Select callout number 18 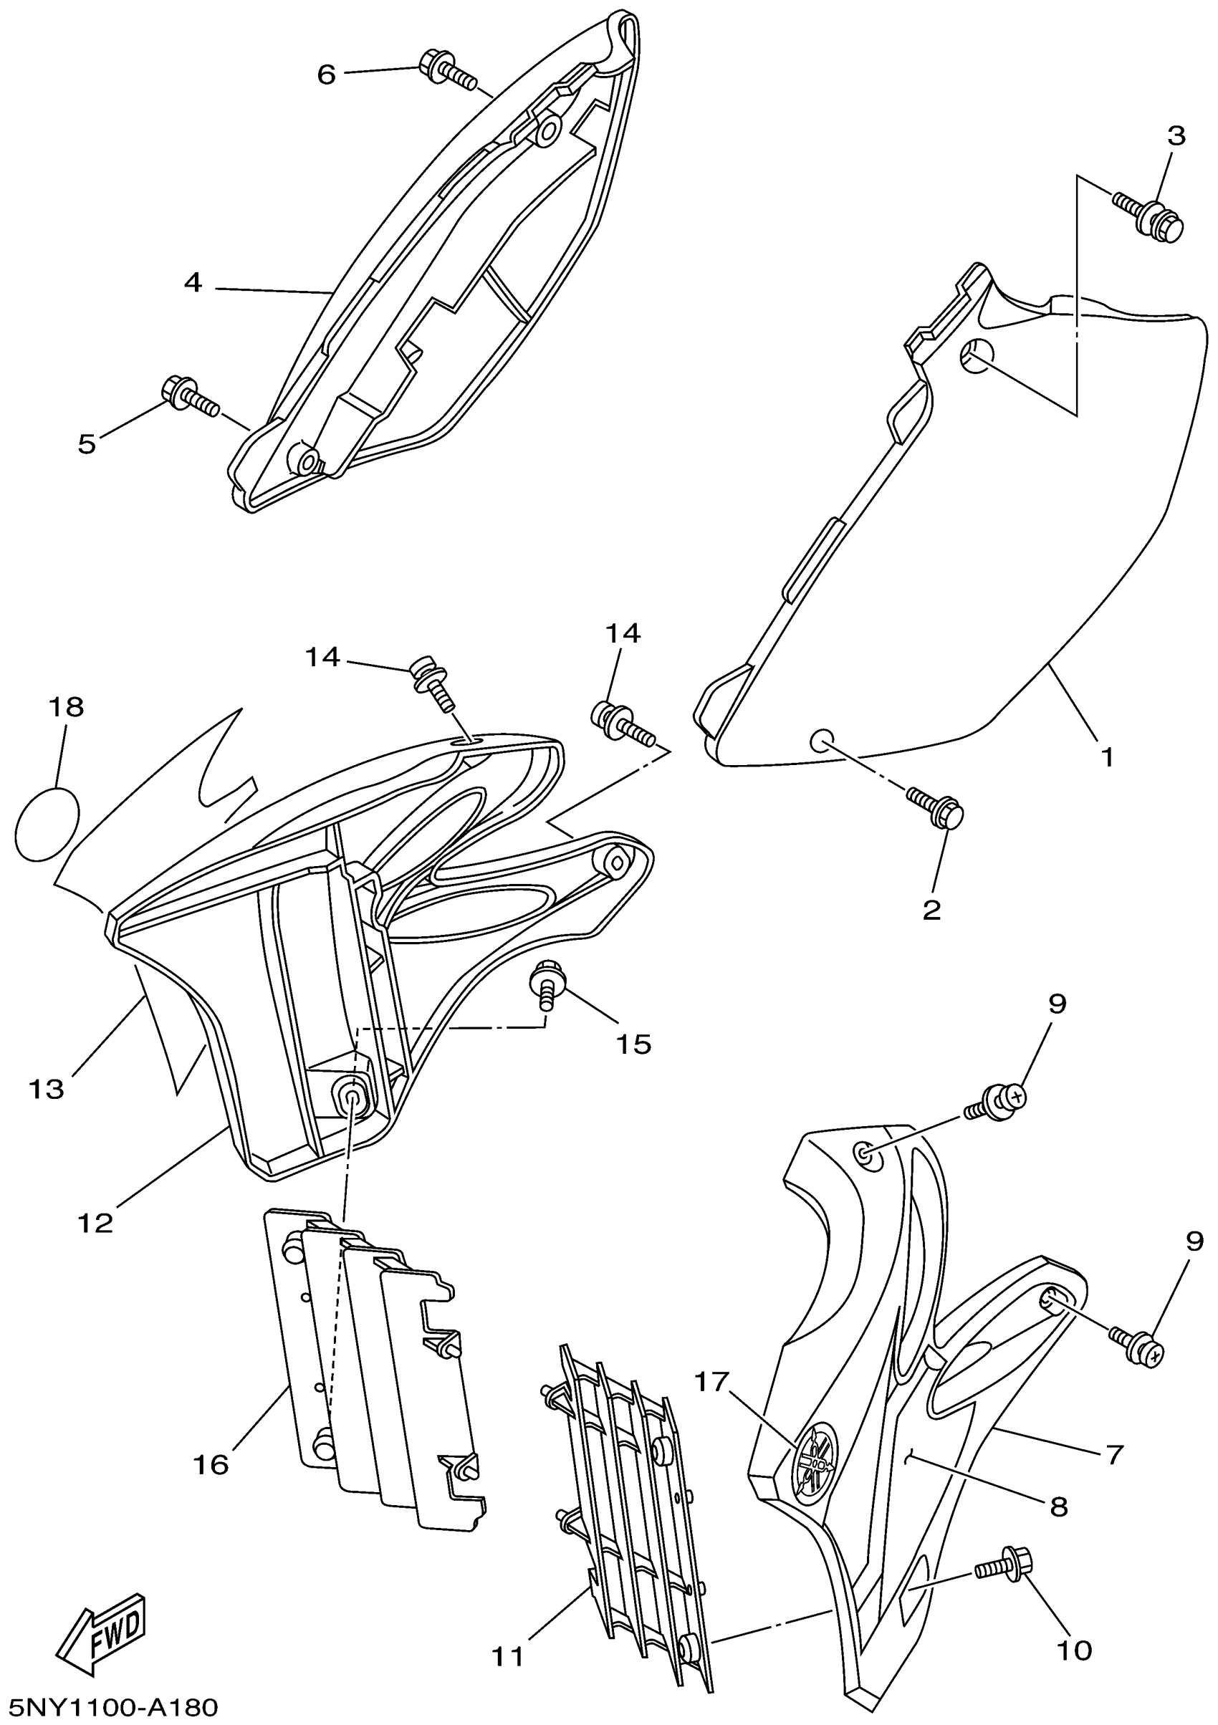pos(66,707)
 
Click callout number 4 pos(193,283)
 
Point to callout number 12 pos(96,1223)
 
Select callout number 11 pos(508,1654)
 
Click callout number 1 pos(1107,756)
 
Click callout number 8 pos(1058,1505)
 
